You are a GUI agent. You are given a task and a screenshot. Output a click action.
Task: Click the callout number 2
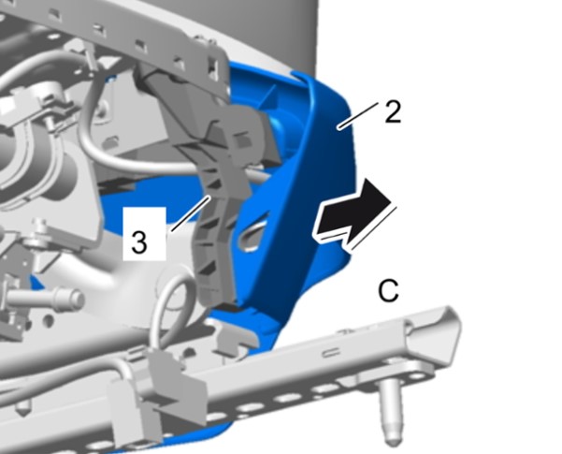pos(393,112)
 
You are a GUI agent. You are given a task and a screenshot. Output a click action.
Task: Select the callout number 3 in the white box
pos(139,242)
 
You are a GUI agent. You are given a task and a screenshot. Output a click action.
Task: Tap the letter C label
pos(388,291)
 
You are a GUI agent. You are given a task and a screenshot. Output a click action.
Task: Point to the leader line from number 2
pos(358,115)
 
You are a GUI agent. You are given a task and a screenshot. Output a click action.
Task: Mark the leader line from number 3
pos(191,212)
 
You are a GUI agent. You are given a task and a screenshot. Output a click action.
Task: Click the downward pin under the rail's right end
pos(392,413)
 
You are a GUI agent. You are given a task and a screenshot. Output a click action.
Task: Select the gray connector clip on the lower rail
pos(158,391)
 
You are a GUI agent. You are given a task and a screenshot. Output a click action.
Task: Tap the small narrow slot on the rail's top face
pos(332,352)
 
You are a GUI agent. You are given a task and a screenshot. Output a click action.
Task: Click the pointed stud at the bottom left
pos(22,406)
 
